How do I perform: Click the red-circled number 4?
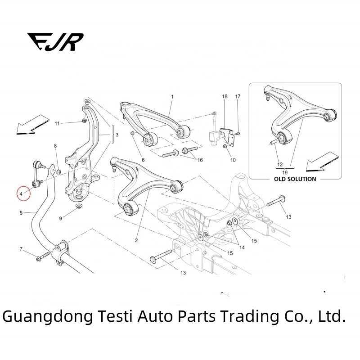point(21,194)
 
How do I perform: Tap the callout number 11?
point(57,123)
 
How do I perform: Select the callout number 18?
point(225,97)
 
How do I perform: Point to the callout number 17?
point(238,97)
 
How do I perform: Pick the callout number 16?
point(200,160)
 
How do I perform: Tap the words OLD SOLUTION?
point(295,179)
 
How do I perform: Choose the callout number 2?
point(136,240)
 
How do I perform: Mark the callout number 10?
point(233,160)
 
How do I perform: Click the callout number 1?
point(171,97)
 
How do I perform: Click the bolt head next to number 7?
point(38,258)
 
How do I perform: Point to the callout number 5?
point(21,212)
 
